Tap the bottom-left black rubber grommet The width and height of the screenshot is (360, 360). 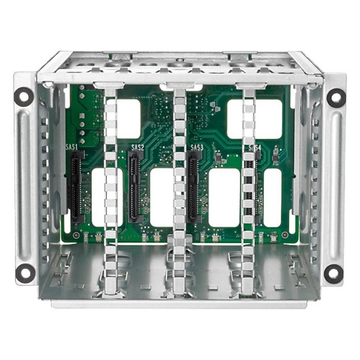[23, 273]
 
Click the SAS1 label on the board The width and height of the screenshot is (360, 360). [73, 147]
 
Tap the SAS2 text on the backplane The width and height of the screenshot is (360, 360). [137, 148]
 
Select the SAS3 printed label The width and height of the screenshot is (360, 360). [197, 148]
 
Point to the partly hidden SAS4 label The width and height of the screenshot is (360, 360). [255, 148]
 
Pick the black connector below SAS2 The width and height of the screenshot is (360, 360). [135, 188]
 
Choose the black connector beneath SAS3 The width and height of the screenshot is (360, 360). [194, 188]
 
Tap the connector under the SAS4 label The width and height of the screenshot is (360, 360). [250, 188]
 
